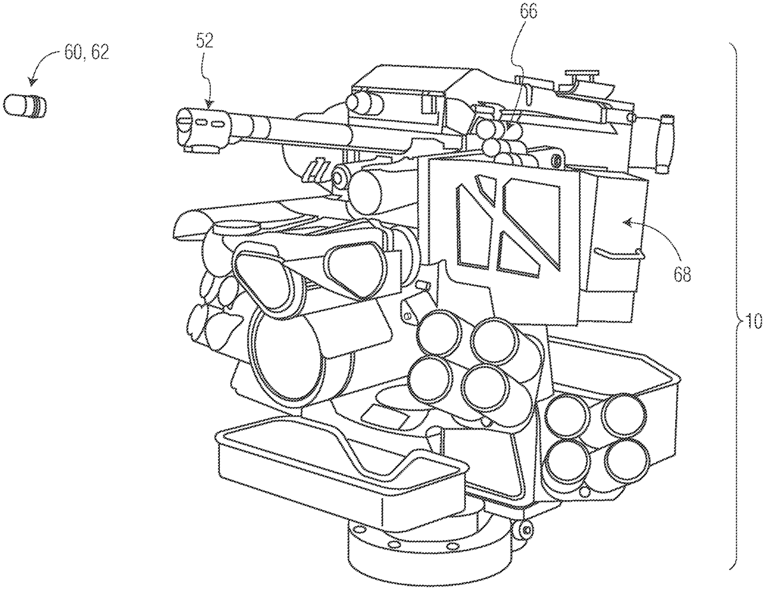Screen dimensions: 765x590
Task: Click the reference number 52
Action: pyautogui.click(x=205, y=41)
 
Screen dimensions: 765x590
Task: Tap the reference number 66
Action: pyautogui.click(x=528, y=13)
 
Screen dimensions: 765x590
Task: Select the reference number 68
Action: pyautogui.click(x=683, y=274)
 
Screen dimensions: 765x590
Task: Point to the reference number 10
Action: pyautogui.click(x=754, y=321)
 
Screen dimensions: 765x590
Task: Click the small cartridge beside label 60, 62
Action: pyautogui.click(x=25, y=105)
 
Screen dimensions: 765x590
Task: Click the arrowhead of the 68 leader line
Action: pyautogui.click(x=627, y=222)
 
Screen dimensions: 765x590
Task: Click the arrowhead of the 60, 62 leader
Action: pyautogui.click(x=33, y=82)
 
